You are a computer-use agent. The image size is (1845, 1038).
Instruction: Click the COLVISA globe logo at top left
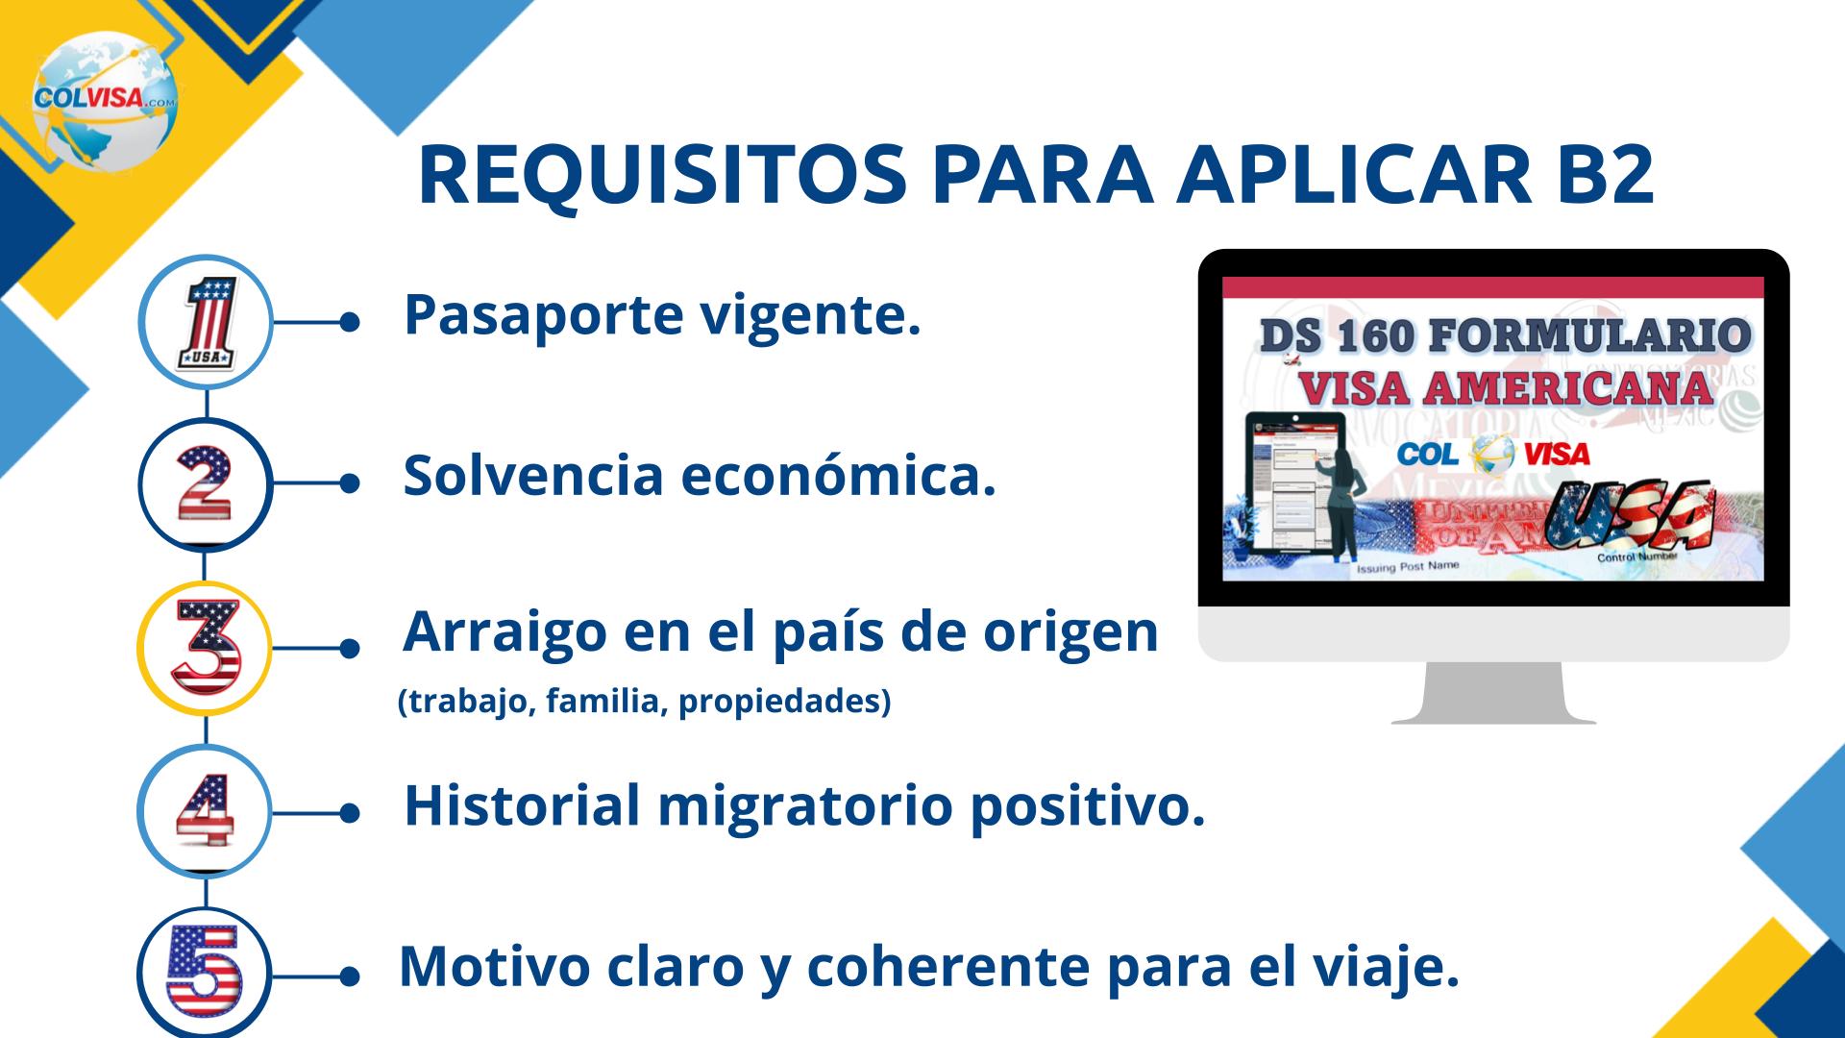[105, 100]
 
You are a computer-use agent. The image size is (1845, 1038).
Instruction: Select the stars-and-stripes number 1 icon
[207, 322]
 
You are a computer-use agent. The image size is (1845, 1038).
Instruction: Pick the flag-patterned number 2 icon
[206, 483]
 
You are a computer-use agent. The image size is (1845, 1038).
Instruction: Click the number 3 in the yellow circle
[206, 647]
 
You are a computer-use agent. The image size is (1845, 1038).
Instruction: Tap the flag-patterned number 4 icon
[206, 811]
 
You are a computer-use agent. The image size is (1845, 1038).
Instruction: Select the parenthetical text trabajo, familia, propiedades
[644, 702]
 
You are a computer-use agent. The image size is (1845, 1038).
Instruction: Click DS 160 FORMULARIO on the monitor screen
[1503, 336]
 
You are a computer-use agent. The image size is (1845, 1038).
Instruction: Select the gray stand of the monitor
[1493, 693]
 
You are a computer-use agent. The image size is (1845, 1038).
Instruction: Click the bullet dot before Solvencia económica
[350, 485]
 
